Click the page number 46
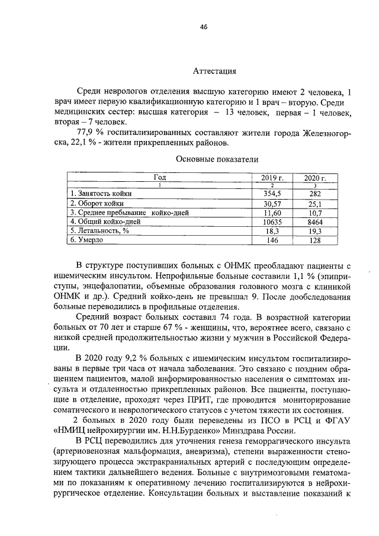pyautogui.click(x=204, y=27)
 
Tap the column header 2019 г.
pyautogui.click(x=273, y=177)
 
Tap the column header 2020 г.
pyautogui.click(x=315, y=177)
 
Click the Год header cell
pyautogui.click(x=159, y=177)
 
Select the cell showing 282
pyautogui.click(x=315, y=193)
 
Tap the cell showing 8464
pyautogui.click(x=315, y=222)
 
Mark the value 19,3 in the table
pyautogui.click(x=315, y=231)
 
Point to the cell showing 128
pyautogui.click(x=315, y=240)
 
